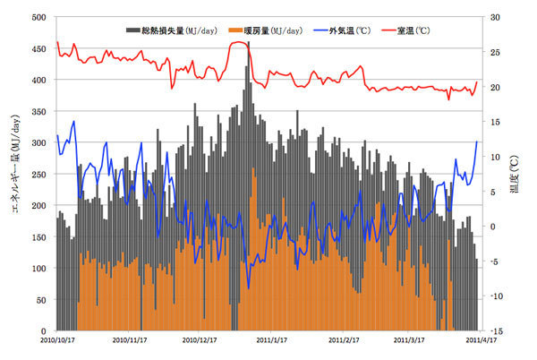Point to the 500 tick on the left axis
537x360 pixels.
click(38, 17)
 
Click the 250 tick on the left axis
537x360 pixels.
click(38, 174)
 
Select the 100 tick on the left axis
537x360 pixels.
click(38, 268)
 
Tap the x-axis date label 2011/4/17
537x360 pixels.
click(476, 340)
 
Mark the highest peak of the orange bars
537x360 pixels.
click(253, 168)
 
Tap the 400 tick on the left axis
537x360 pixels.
click(38, 80)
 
